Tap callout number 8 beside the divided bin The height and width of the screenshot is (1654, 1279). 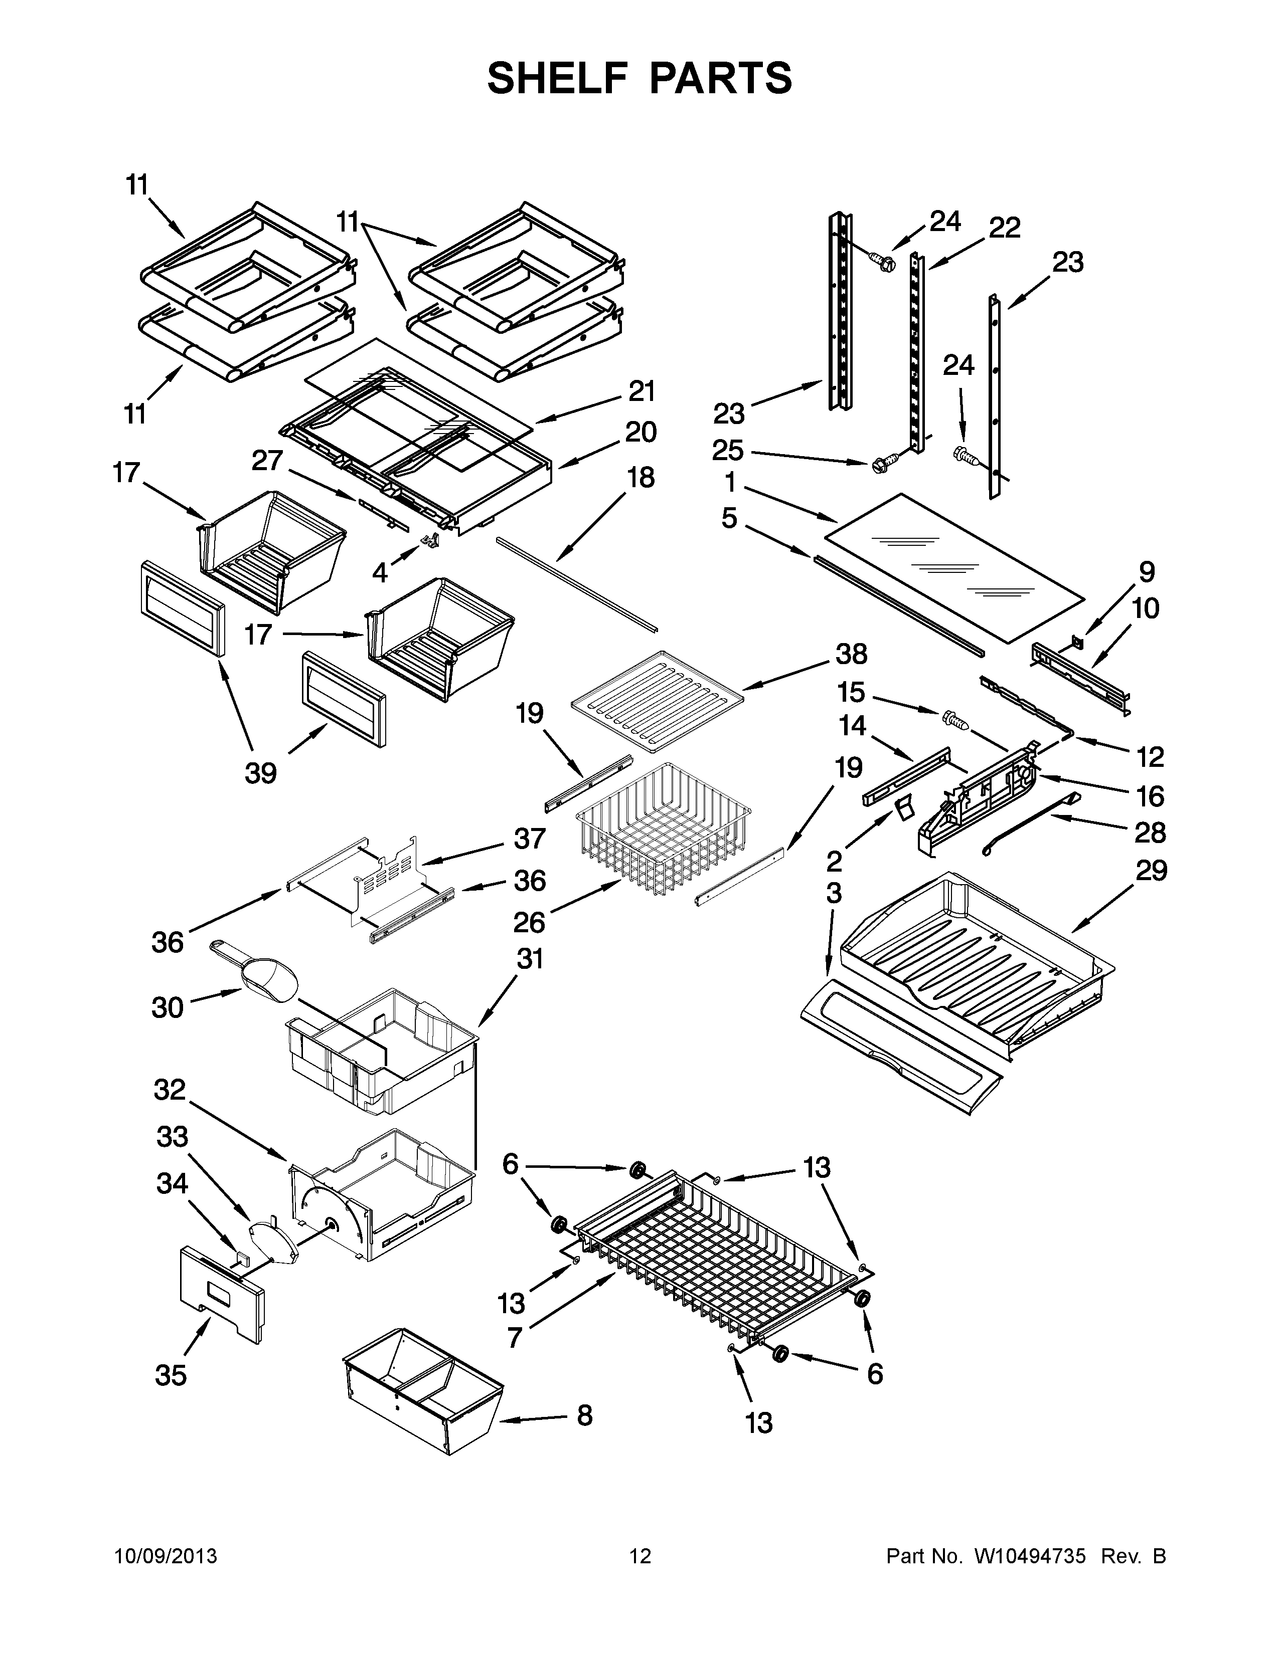584,1415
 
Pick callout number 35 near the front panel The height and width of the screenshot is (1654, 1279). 171,1374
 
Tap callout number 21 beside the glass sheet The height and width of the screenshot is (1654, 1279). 642,391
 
